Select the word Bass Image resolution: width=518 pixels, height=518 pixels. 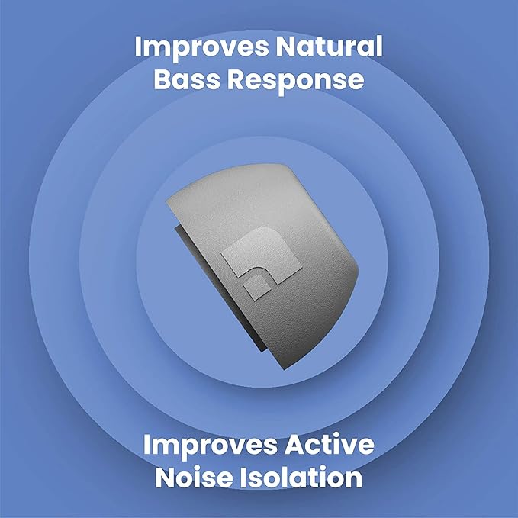click(185, 81)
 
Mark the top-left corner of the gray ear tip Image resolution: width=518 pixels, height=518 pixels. click(169, 203)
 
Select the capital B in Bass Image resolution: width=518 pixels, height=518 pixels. click(164, 81)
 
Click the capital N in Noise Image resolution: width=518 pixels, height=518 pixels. click(168, 478)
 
